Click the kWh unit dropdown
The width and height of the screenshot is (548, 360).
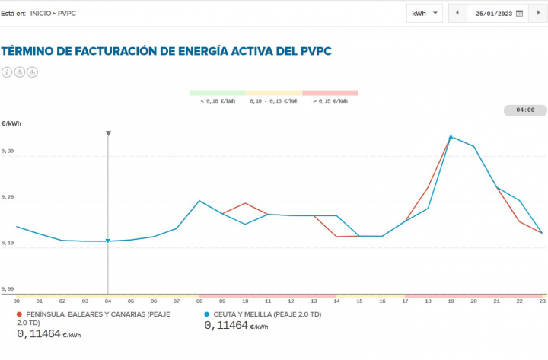click(x=425, y=13)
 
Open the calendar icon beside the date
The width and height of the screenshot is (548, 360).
click(x=520, y=13)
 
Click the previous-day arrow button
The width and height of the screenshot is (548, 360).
click(x=457, y=13)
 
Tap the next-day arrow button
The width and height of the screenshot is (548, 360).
click(x=539, y=13)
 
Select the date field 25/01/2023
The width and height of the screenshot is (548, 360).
click(x=493, y=13)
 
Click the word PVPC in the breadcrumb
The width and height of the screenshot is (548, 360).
click(x=67, y=14)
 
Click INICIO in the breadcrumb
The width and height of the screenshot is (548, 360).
click(x=40, y=14)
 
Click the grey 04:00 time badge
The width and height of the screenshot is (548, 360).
click(x=525, y=110)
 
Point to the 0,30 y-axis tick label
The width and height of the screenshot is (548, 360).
click(x=8, y=151)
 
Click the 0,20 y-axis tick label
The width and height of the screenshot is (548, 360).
click(x=8, y=197)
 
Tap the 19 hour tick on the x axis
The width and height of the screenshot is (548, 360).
click(x=451, y=301)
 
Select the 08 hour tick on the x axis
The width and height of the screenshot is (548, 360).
click(x=199, y=301)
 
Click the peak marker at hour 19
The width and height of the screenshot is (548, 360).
click(x=451, y=137)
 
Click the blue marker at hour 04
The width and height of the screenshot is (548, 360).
click(x=108, y=241)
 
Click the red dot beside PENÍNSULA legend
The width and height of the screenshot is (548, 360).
click(x=19, y=314)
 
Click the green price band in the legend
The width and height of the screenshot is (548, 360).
click(x=218, y=93)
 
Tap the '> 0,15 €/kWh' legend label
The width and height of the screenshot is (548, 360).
click(x=330, y=100)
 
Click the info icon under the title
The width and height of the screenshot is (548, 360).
click(x=8, y=72)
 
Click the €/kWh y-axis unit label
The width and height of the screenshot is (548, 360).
click(x=11, y=123)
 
